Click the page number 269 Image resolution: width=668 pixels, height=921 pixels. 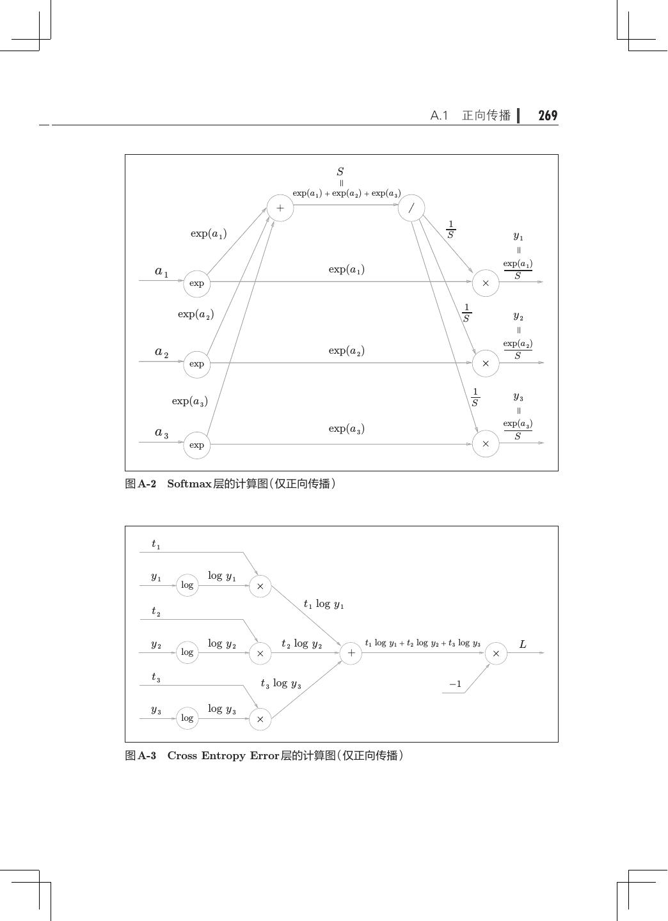point(548,116)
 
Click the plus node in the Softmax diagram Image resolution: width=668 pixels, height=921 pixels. point(280,208)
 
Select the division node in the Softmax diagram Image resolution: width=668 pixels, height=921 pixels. point(411,208)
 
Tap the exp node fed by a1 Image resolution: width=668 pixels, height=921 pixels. point(197,283)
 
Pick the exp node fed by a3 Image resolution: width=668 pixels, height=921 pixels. point(197,445)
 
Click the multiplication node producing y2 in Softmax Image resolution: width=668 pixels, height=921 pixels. point(486,363)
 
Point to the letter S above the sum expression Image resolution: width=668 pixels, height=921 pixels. point(340,171)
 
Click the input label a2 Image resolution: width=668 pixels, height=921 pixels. point(161,352)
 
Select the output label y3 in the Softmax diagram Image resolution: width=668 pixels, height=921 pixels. point(518,397)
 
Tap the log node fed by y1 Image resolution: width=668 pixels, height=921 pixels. point(187,585)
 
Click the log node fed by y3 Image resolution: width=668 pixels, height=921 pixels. point(187,718)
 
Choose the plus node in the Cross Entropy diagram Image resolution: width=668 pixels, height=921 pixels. point(351,653)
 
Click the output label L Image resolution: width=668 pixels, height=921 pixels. point(523,644)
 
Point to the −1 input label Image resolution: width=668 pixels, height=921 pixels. point(455,684)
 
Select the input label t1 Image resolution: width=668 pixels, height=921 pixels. point(155,544)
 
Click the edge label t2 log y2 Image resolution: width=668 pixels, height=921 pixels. point(301,644)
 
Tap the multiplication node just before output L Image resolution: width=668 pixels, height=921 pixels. point(496,653)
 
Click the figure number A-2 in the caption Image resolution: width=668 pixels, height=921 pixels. point(147,484)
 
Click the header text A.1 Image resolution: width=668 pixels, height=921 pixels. point(439,116)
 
